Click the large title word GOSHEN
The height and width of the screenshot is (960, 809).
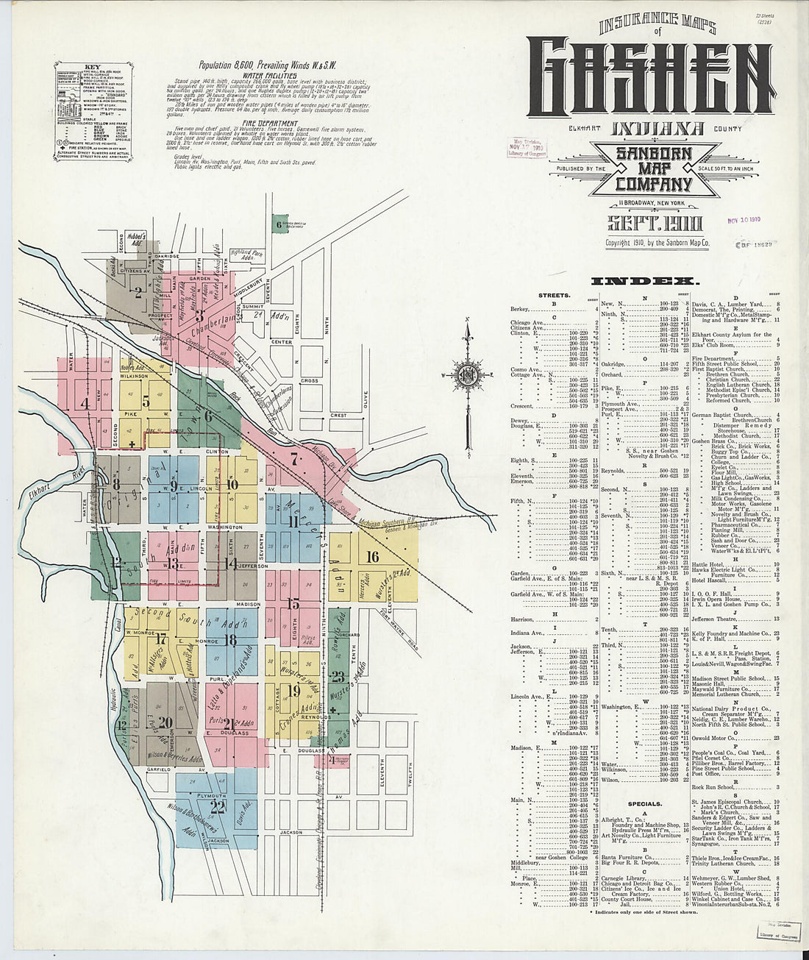pyautogui.click(x=650, y=77)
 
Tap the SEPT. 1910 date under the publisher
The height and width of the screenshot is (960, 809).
pyautogui.click(x=655, y=224)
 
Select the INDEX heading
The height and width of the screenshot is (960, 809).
pyautogui.click(x=643, y=281)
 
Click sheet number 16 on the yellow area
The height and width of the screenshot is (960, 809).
pyautogui.click(x=372, y=557)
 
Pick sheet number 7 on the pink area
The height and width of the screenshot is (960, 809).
pyautogui.click(x=294, y=461)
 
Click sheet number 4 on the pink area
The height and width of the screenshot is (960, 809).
pyautogui.click(x=85, y=403)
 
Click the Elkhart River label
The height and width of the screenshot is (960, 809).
pyautogui.click(x=50, y=486)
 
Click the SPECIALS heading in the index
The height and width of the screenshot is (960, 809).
pyautogui.click(x=644, y=804)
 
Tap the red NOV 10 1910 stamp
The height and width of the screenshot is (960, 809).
pyautogui.click(x=744, y=219)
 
